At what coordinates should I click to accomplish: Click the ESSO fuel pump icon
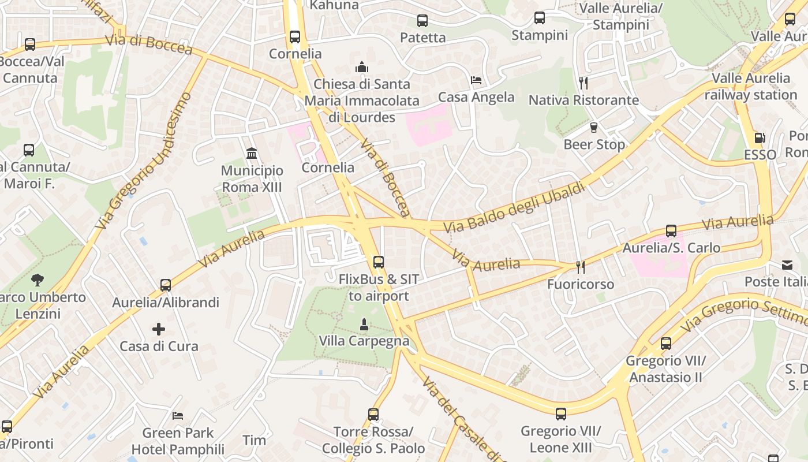coord(760,138)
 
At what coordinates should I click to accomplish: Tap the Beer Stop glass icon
coord(593,128)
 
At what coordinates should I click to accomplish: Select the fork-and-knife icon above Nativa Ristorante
coord(583,83)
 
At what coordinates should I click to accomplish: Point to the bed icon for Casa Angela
coord(476,80)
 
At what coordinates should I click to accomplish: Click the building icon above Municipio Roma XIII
coord(252,154)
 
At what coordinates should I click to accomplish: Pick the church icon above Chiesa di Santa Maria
coord(362,67)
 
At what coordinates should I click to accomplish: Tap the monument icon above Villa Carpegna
coord(364,325)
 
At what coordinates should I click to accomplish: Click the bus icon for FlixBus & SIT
coord(378,262)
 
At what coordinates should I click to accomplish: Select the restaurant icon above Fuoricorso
coord(581,267)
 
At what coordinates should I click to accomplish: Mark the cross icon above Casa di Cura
coord(159,329)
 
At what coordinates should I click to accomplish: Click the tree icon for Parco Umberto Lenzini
coord(38,280)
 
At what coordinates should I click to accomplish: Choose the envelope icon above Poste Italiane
coord(787,265)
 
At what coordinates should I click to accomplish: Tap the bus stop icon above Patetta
coord(422,21)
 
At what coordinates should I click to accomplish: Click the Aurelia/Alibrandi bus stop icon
coord(166,285)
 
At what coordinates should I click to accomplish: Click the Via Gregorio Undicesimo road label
coord(144,159)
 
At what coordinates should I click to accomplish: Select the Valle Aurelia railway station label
coord(750,87)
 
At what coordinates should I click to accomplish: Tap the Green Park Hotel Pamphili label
coord(178,441)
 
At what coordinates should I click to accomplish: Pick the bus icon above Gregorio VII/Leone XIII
coord(561,413)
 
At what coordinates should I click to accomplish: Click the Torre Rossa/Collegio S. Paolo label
coord(373,440)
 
